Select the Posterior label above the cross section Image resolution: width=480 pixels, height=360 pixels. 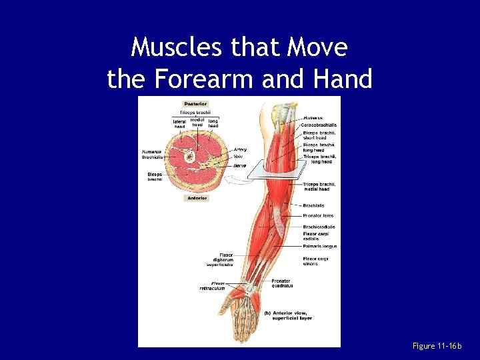[x=195, y=103]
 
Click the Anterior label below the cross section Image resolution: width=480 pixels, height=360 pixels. [x=197, y=198]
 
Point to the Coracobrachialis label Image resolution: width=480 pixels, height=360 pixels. [x=319, y=125]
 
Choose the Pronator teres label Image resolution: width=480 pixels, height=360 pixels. [x=318, y=216]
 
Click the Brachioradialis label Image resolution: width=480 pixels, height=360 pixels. [x=319, y=227]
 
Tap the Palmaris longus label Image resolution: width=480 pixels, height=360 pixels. [x=319, y=246]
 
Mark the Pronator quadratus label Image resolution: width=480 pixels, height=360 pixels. [x=281, y=283]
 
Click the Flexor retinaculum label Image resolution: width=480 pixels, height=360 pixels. [x=212, y=285]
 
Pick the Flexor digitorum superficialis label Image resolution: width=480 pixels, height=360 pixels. [x=219, y=259]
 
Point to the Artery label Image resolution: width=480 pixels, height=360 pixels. [x=240, y=149]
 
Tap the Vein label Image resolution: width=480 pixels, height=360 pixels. [x=238, y=157]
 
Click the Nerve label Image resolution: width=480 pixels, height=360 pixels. [x=240, y=165]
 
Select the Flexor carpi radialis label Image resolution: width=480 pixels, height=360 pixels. [x=319, y=235]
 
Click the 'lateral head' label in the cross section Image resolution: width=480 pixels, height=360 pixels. [x=179, y=124]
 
